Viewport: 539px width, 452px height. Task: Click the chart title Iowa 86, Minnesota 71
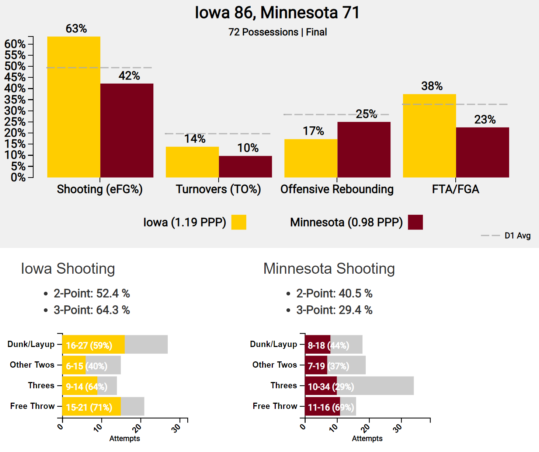(277, 13)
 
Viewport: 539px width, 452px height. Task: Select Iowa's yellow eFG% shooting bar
(74, 107)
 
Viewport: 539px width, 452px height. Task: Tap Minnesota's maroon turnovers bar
(246, 167)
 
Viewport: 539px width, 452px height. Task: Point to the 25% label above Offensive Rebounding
(366, 114)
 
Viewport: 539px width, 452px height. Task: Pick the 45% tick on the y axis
(15, 77)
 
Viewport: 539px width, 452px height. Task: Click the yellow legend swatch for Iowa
(239, 222)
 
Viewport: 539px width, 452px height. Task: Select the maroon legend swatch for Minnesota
(415, 222)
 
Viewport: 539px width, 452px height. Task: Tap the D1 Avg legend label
(517, 236)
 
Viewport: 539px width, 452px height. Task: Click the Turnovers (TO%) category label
(218, 189)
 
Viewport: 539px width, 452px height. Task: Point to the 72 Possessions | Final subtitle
(278, 32)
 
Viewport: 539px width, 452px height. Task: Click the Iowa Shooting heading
(68, 269)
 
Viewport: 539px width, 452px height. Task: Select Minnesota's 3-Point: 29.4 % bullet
(334, 310)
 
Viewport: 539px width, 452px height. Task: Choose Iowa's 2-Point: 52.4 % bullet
(91, 293)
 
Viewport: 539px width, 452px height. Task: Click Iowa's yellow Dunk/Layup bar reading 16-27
(93, 344)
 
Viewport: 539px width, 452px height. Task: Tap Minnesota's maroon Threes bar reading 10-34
(321, 386)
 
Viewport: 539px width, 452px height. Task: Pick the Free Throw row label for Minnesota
(275, 406)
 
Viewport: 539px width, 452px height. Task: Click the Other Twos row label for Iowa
(32, 365)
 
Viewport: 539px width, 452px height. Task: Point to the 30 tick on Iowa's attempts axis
(177, 427)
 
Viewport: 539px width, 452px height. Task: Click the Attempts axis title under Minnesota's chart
(367, 438)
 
